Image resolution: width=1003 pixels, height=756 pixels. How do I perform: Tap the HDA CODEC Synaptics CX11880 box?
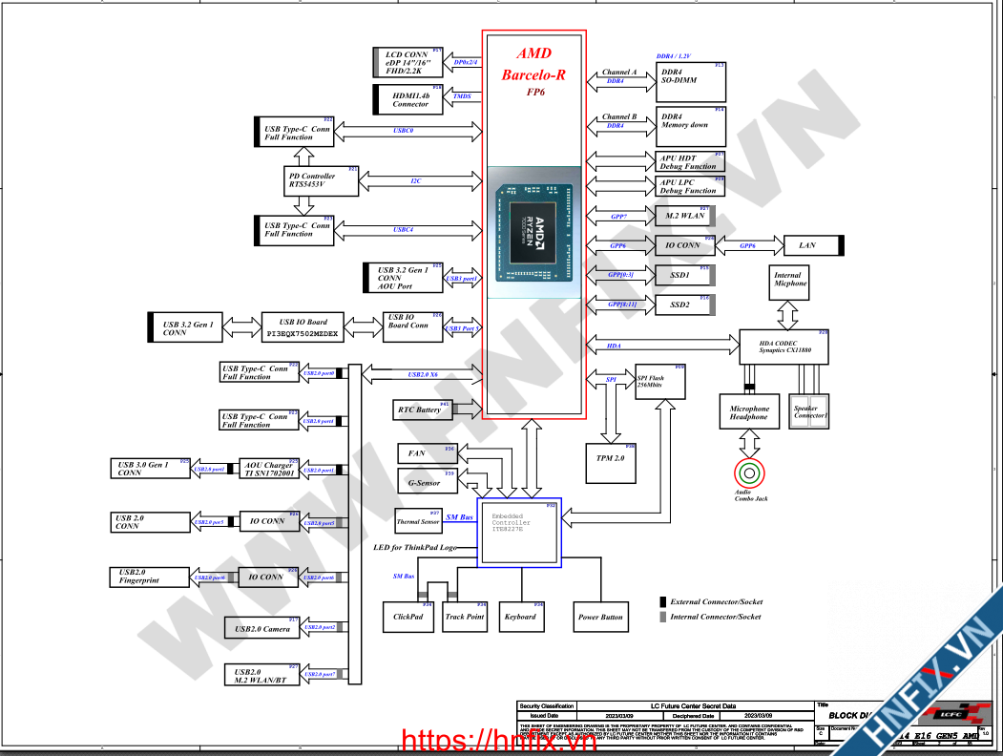[x=784, y=346]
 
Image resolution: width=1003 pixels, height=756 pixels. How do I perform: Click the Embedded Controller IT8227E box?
[x=518, y=532]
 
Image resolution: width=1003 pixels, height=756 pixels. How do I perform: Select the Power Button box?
[x=600, y=617]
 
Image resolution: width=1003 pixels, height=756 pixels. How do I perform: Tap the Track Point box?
[x=465, y=617]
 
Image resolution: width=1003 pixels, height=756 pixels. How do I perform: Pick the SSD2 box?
[x=680, y=304]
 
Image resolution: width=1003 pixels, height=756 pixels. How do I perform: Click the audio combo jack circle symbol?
[x=749, y=472]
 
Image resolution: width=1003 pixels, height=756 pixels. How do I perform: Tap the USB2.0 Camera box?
[x=262, y=628]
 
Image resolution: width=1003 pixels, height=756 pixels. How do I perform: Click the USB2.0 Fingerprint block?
[x=151, y=577]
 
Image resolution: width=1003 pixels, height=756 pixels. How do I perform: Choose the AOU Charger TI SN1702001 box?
[x=268, y=469]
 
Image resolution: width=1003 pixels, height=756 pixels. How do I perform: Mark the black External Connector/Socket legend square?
[x=663, y=601]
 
